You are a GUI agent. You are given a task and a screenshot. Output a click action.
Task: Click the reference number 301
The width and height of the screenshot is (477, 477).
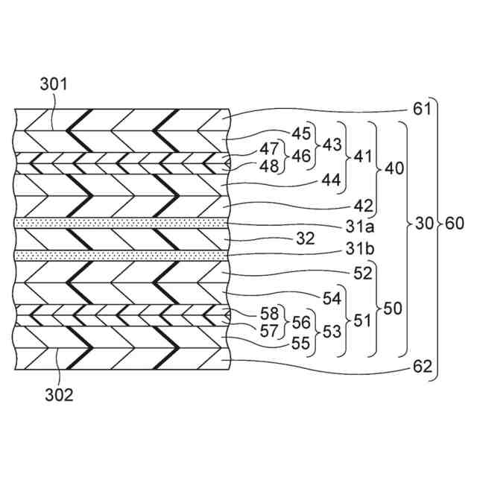coord(53,85)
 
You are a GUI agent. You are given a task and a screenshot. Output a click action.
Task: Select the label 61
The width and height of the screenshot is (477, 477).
coord(422,110)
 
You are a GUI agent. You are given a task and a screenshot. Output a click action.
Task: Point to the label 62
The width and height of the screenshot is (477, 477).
coord(422,367)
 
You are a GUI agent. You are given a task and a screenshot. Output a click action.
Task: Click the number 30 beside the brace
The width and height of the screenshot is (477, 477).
coord(425,223)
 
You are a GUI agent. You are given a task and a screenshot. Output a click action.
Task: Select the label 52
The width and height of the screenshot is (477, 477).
coord(362,273)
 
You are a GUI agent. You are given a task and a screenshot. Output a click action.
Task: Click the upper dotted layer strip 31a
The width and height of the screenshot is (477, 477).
coord(119,223)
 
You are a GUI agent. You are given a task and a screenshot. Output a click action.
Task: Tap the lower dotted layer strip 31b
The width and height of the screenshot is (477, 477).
coord(119,255)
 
